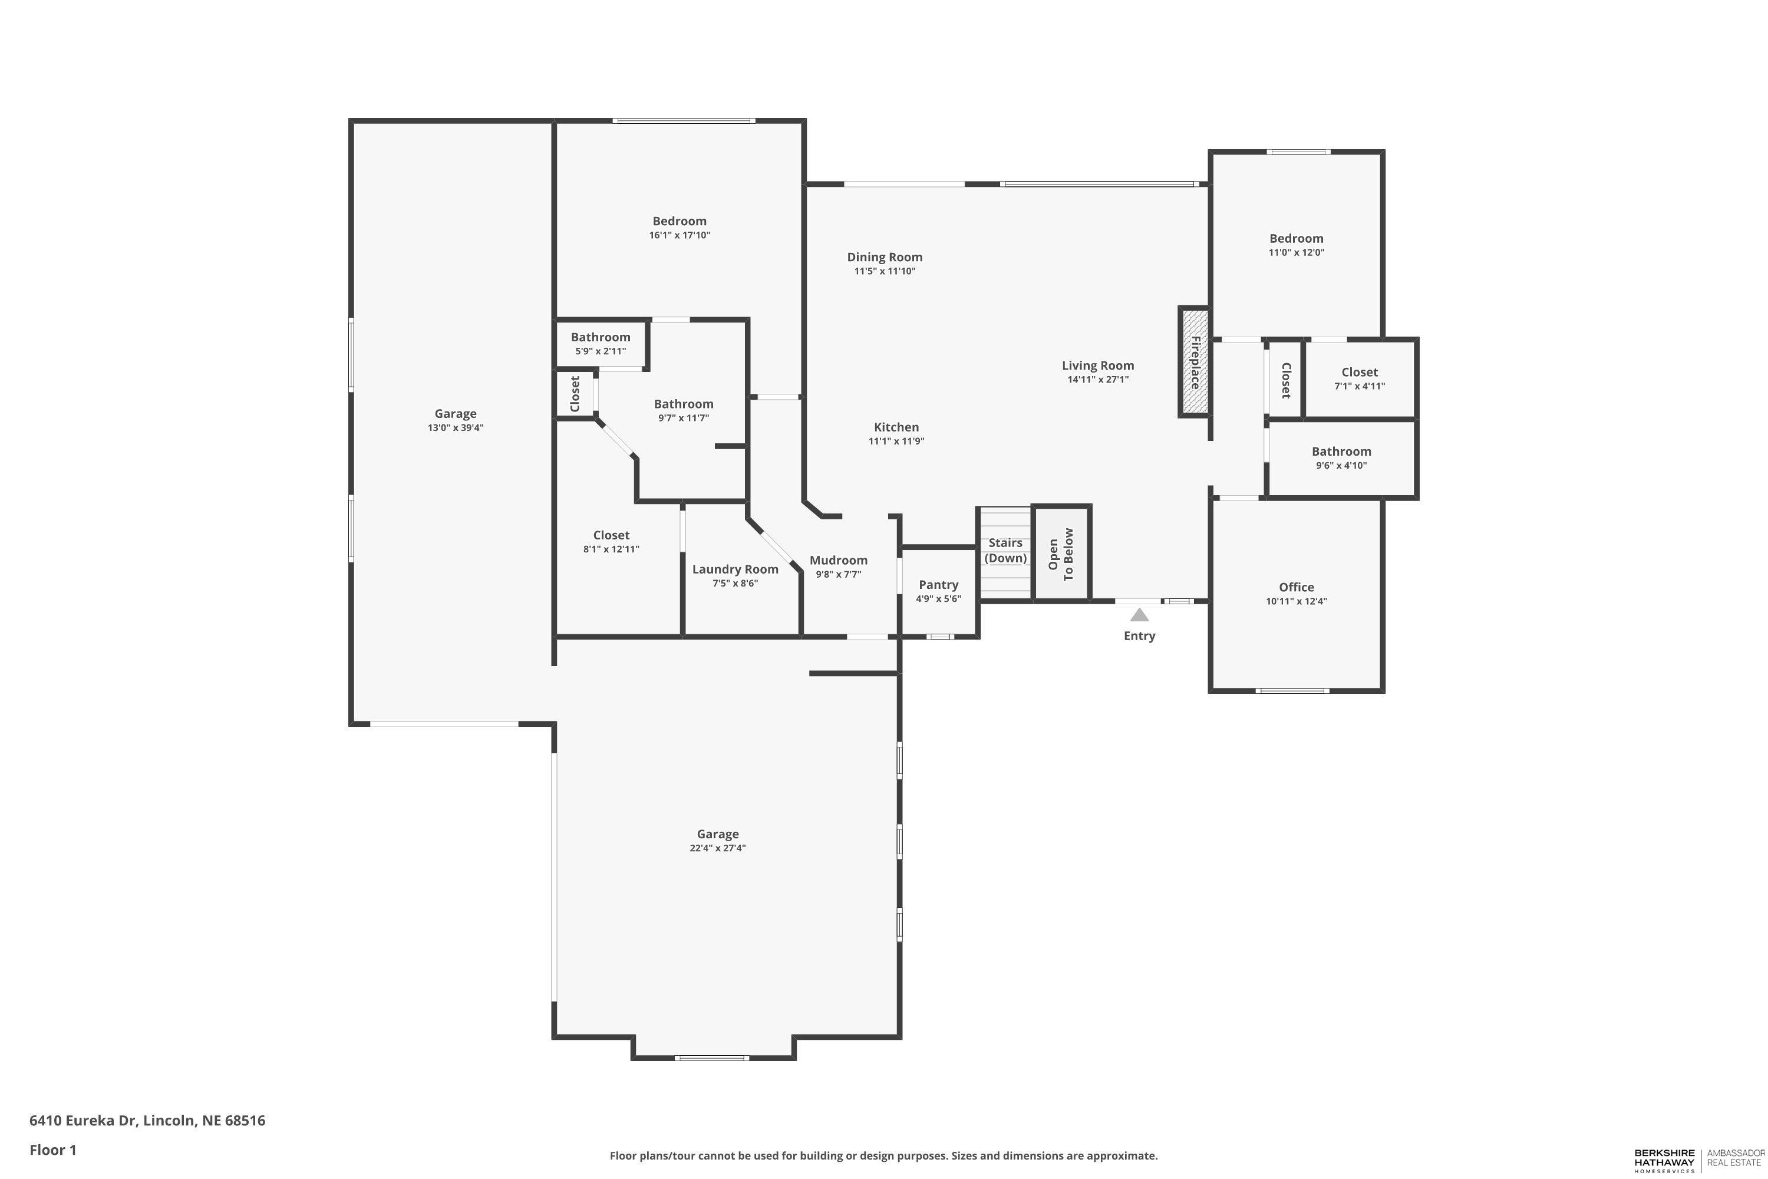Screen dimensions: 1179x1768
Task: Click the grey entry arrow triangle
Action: coord(1140,615)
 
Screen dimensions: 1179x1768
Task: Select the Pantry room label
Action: coord(938,585)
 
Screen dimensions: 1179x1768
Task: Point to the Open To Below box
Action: coord(1061,554)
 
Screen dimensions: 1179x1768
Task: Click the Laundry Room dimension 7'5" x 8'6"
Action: coord(735,584)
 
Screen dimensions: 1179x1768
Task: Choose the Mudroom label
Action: coord(838,560)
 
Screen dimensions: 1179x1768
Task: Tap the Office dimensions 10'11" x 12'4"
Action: coord(1296,601)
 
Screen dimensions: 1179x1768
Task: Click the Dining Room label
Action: coord(884,257)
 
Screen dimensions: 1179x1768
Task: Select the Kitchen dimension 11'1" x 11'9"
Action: coord(896,442)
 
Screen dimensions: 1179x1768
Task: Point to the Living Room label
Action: coord(1097,365)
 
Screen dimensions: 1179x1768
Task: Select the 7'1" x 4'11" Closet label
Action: coord(1359,372)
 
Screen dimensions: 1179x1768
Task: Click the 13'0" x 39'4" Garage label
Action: coord(455,414)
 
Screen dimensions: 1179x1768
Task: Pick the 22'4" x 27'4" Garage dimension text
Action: coord(717,848)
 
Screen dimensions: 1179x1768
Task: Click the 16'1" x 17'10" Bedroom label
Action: coord(679,221)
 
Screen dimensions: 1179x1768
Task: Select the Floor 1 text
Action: coord(52,1150)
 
